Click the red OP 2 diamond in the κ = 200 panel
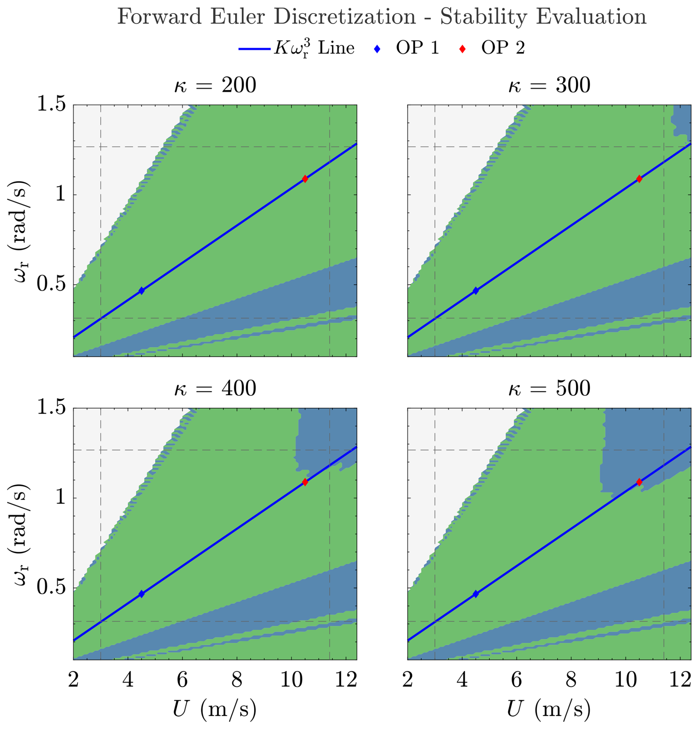pyautogui.click(x=305, y=179)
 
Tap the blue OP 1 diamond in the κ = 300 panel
pyautogui.click(x=475, y=291)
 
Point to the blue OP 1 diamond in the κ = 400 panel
pyautogui.click(x=141, y=594)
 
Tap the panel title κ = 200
pyautogui.click(x=215, y=85)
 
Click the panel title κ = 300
pyautogui.click(x=549, y=85)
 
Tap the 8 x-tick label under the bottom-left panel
pyautogui.click(x=237, y=680)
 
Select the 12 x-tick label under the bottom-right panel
pyautogui.click(x=680, y=680)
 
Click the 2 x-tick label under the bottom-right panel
pyautogui.click(x=408, y=680)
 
